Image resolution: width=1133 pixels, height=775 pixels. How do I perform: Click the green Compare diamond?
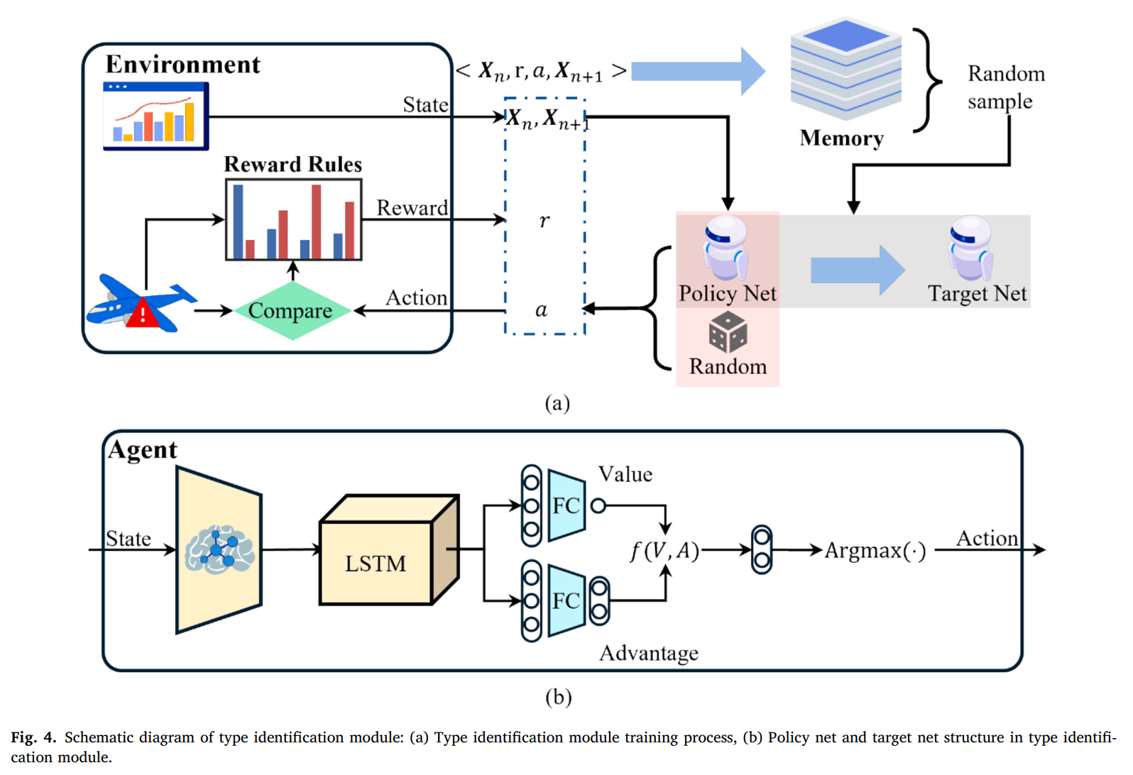(x=292, y=310)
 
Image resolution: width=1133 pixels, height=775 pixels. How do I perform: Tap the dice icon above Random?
(x=728, y=332)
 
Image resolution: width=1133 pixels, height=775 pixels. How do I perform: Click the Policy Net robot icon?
(x=726, y=248)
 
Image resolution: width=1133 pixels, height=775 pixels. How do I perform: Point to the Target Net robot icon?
(x=970, y=248)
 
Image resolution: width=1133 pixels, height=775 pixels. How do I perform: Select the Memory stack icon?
(x=845, y=70)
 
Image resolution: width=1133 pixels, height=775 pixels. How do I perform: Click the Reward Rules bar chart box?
(x=293, y=219)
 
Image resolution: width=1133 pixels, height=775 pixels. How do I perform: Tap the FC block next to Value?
(x=566, y=505)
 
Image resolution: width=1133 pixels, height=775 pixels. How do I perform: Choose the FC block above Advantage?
(x=566, y=600)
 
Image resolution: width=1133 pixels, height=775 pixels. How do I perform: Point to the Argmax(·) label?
(x=875, y=550)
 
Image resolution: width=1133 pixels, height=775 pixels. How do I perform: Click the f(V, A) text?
(x=664, y=551)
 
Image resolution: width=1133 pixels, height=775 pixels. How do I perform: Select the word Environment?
(x=182, y=65)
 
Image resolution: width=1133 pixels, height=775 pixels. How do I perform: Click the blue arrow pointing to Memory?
(x=699, y=71)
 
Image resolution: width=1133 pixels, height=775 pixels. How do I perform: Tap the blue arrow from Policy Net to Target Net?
(x=858, y=270)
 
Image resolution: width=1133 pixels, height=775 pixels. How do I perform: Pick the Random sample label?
(x=1005, y=87)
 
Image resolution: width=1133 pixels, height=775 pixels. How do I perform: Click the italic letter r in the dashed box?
(x=544, y=221)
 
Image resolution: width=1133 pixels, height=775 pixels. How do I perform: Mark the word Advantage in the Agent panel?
(x=649, y=653)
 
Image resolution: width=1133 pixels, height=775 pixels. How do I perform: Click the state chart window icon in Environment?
(x=155, y=116)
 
